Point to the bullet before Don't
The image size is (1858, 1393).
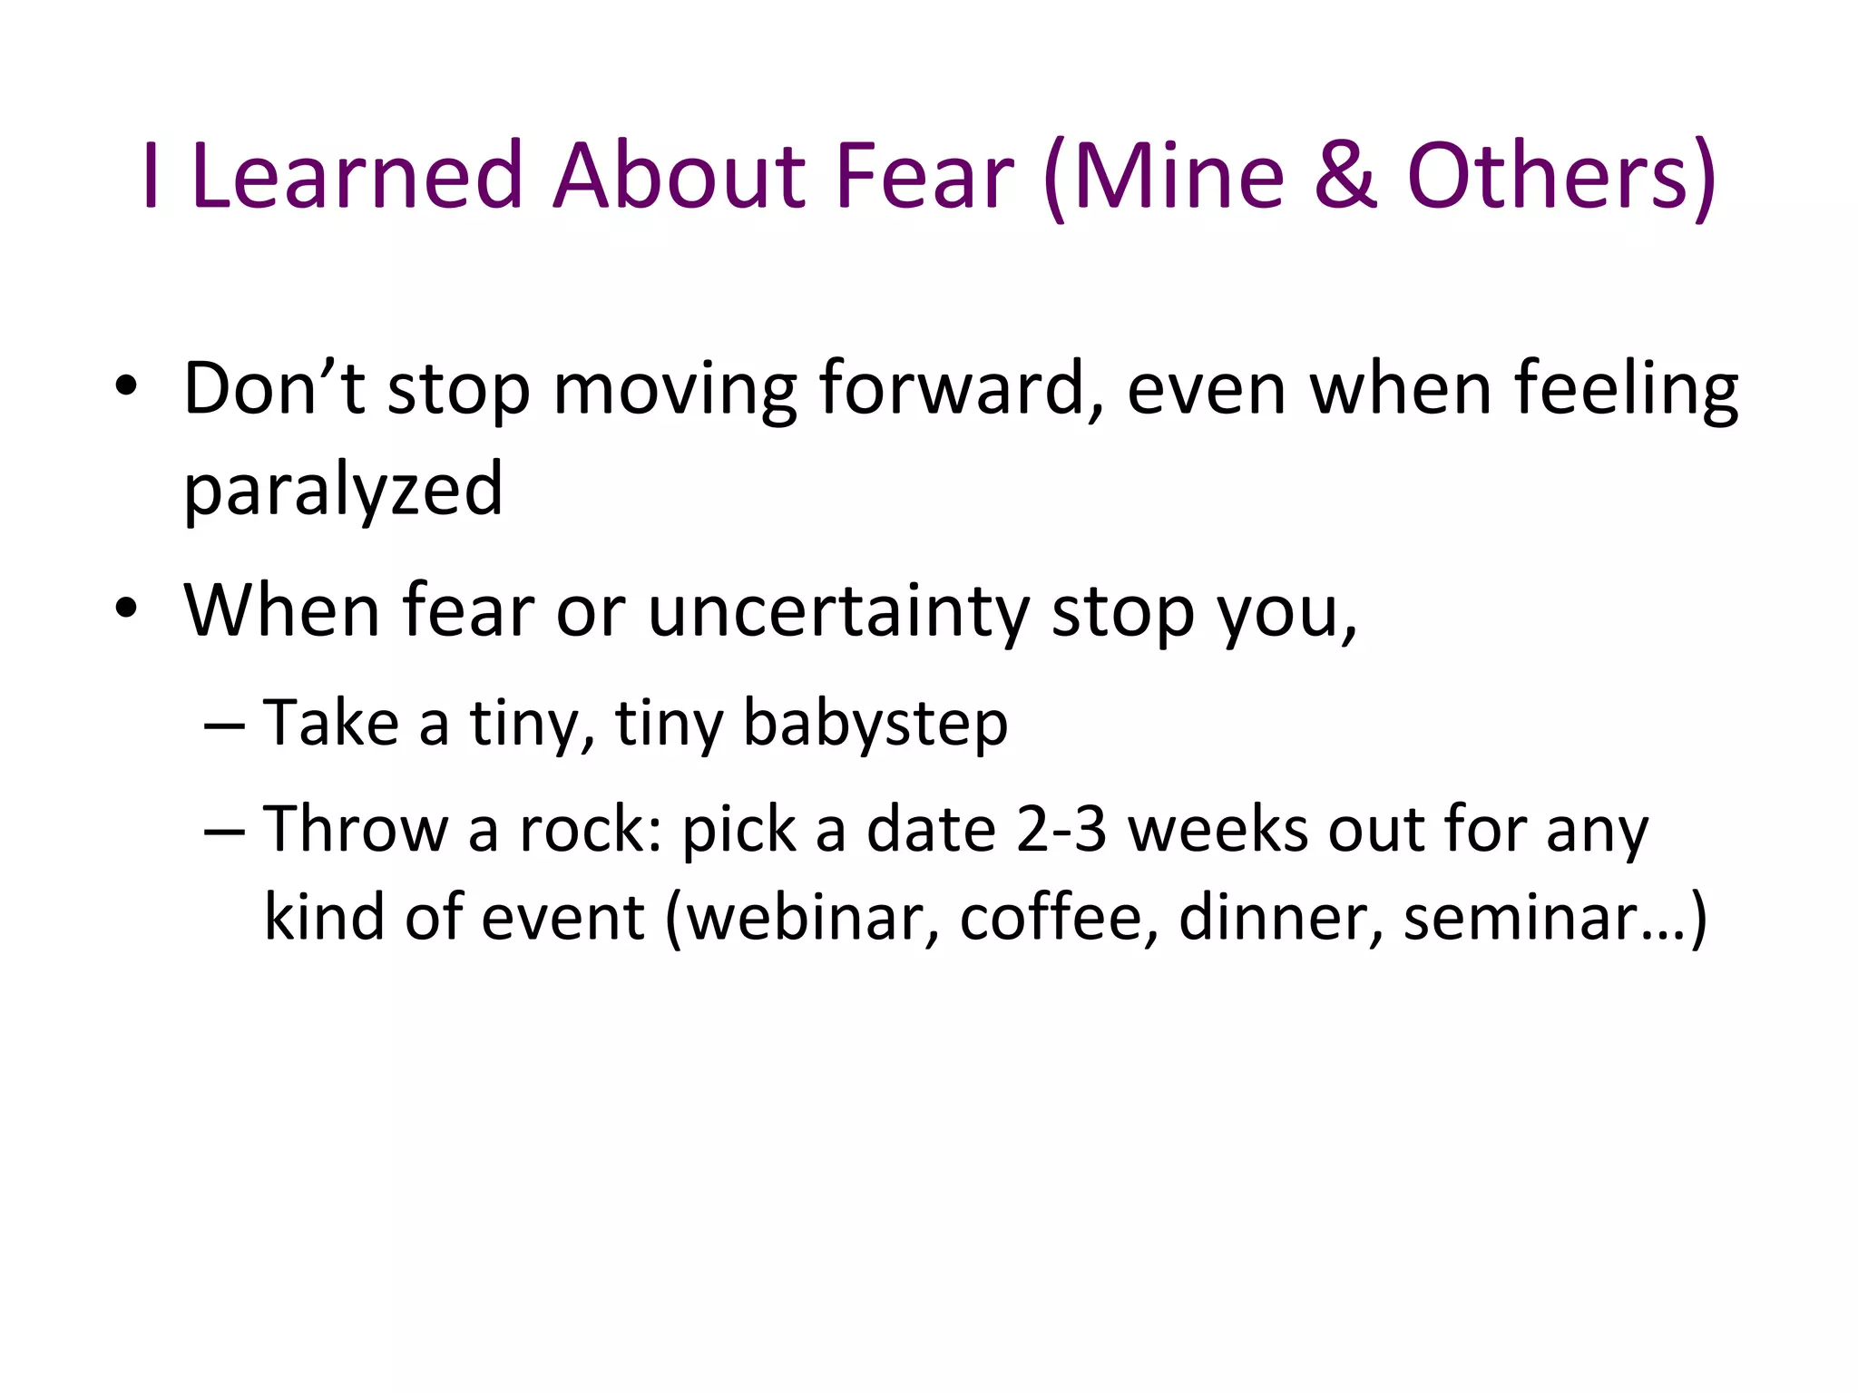126,388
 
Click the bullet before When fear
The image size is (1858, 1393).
126,609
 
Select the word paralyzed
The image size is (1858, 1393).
343,490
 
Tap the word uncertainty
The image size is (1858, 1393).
838,611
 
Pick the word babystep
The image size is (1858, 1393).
875,724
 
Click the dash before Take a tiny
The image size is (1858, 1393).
224,726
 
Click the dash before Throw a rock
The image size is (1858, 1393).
224,832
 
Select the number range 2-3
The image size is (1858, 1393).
1061,830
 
